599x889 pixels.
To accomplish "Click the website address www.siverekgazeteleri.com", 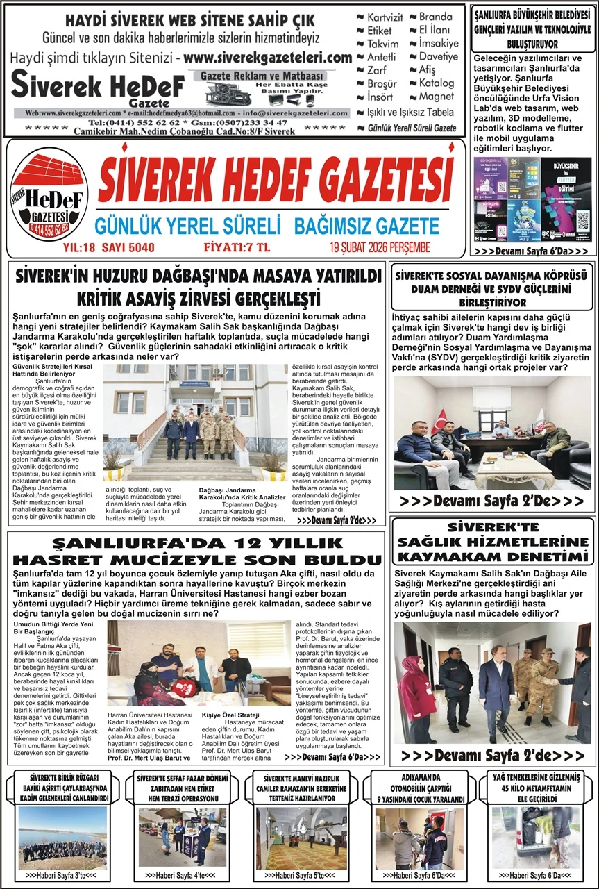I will (x=269, y=58).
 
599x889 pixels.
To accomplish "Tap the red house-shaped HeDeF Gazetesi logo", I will (x=50, y=198).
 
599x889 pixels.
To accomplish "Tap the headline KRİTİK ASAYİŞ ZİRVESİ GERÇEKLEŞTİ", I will (x=199, y=299).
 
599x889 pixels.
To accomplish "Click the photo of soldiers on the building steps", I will (x=195, y=422).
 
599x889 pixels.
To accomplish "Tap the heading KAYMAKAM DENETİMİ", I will (x=493, y=556).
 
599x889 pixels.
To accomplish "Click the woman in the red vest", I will (x=416, y=695).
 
